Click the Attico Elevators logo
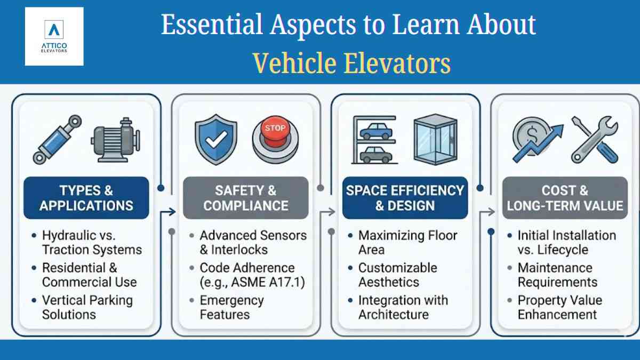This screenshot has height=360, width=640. (x=54, y=36)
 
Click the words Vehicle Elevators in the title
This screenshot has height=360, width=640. (x=352, y=63)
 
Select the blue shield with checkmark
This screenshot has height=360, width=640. (x=216, y=139)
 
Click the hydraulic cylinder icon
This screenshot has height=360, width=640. (x=58, y=139)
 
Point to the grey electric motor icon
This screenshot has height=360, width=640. (x=116, y=140)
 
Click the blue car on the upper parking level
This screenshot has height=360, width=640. (x=376, y=131)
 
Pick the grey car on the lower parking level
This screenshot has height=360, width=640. (x=376, y=155)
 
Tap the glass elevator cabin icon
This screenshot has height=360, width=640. (x=435, y=139)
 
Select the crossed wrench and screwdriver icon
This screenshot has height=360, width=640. (x=595, y=139)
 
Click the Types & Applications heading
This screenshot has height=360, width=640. (x=86, y=198)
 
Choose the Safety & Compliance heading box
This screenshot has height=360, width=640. (x=246, y=198)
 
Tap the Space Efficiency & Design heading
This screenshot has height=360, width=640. (x=405, y=198)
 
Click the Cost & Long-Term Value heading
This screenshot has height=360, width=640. (x=565, y=198)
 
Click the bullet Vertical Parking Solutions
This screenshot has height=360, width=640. (x=87, y=307)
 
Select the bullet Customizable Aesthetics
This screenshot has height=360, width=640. (x=398, y=275)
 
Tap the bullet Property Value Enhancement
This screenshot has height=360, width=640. (x=560, y=307)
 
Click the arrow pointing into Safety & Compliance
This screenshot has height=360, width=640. (x=168, y=212)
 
